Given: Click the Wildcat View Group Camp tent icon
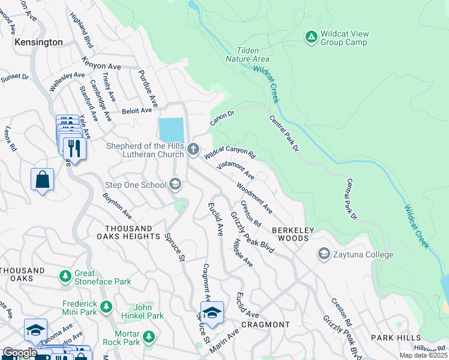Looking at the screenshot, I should point(311,37).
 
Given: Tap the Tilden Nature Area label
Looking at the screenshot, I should point(247,55).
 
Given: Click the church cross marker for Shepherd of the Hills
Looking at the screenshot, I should point(193,149).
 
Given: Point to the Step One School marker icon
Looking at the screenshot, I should point(175,184).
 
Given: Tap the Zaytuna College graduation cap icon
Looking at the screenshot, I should point(324,254).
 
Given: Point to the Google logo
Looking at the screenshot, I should point(20,353).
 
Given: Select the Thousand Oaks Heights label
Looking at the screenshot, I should point(128,233).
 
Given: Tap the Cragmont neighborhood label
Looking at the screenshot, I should point(265,325).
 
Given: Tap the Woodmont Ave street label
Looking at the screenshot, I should point(254,198).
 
